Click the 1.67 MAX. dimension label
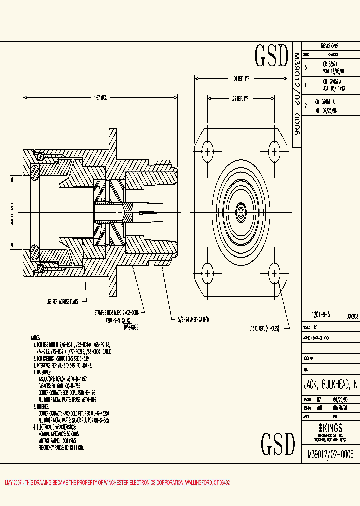(100, 98)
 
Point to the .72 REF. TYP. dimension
(240, 99)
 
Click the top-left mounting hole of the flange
(206, 150)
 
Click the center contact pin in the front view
(240, 212)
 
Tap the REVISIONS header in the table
(329, 45)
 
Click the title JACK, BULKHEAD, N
(331, 385)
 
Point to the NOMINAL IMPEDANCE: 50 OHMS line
(62, 434)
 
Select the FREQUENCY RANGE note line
(61, 448)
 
